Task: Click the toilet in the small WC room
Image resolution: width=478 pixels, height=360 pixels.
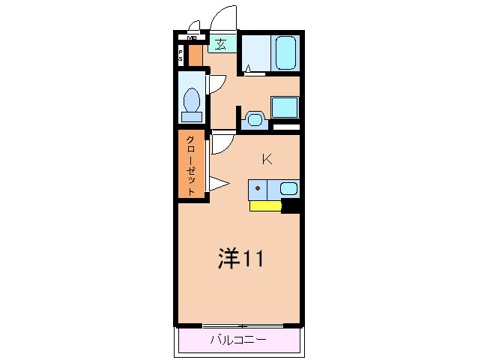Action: (192, 102)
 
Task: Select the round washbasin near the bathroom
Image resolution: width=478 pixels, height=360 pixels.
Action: (253, 118)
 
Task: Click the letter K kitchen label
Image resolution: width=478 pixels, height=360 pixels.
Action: (266, 159)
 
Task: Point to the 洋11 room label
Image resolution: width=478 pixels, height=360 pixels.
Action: (239, 259)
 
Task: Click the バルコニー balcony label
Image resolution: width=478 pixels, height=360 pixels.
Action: (238, 340)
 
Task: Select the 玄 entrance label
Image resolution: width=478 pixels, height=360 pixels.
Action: (221, 43)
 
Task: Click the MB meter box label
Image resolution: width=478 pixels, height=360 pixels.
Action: (192, 37)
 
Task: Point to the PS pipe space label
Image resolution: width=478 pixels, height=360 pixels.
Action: (181, 55)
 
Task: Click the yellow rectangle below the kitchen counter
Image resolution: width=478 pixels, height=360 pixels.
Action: (265, 205)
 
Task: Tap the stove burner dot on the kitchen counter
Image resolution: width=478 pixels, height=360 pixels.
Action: (258, 187)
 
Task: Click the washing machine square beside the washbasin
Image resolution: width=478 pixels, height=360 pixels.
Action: (284, 106)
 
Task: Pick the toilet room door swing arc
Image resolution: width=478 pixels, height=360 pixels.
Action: (216, 82)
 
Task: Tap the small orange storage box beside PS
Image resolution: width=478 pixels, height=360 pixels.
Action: (195, 56)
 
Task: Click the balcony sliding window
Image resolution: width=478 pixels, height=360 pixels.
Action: (239, 325)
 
